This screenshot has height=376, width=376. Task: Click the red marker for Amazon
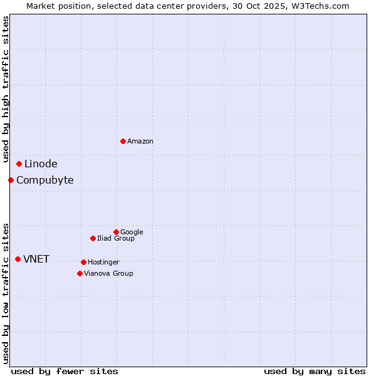click(x=123, y=141)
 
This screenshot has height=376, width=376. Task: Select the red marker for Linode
click(x=19, y=164)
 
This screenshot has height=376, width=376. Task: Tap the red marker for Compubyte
click(x=11, y=180)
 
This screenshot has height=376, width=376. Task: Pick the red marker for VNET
click(x=18, y=259)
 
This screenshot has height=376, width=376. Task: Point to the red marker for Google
click(x=116, y=232)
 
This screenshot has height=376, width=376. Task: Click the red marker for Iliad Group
click(x=93, y=238)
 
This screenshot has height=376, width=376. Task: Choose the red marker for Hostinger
click(x=83, y=262)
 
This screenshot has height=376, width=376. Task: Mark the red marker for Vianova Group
click(x=80, y=273)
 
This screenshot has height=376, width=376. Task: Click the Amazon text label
click(x=140, y=142)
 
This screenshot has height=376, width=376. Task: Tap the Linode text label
click(x=41, y=164)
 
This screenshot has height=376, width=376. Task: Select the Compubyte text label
click(x=44, y=180)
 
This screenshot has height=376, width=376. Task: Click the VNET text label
click(x=36, y=259)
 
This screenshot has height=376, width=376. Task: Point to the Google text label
click(x=132, y=232)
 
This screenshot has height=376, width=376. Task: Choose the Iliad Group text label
click(x=116, y=238)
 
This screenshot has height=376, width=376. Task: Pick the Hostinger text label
click(x=103, y=262)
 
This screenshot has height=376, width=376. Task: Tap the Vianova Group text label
click(x=108, y=273)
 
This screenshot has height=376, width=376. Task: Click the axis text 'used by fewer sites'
click(x=65, y=371)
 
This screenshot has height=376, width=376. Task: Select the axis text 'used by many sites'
click(x=315, y=371)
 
